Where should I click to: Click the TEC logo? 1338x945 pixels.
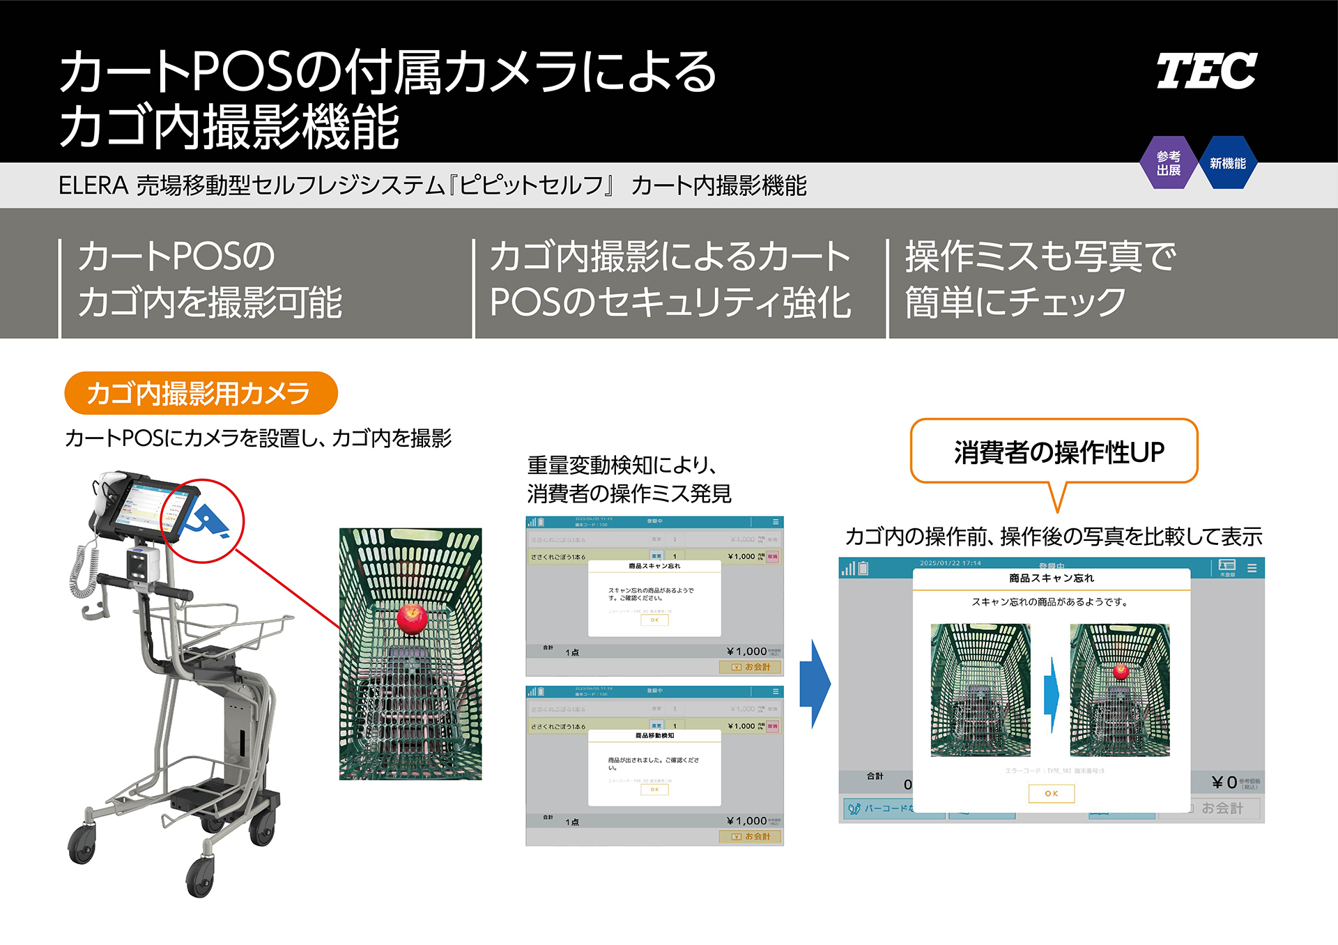(x=1206, y=71)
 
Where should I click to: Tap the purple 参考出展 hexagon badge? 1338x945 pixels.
(x=1169, y=163)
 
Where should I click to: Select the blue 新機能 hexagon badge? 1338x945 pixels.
(x=1227, y=163)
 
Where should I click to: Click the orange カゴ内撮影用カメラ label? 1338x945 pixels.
(x=201, y=393)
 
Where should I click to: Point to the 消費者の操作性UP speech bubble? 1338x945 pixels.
(x=1054, y=452)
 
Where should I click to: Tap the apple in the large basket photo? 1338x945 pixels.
(x=412, y=617)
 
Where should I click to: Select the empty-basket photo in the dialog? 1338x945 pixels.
(x=980, y=689)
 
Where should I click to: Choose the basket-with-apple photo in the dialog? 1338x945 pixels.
(x=1119, y=689)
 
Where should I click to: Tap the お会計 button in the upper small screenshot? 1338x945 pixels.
(x=751, y=667)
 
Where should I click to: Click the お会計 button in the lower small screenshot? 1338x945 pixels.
(x=751, y=836)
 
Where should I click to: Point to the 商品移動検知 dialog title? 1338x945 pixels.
(x=654, y=735)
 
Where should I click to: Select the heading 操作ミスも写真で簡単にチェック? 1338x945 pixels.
(x=1040, y=279)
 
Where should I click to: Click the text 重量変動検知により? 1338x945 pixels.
(x=622, y=465)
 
